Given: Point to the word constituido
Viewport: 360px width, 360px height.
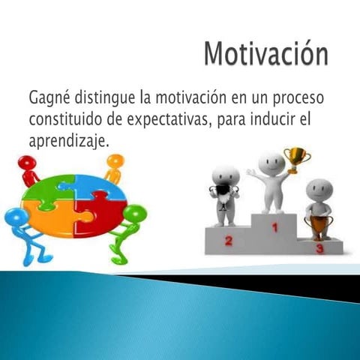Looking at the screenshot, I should pyautogui.click(x=62, y=118).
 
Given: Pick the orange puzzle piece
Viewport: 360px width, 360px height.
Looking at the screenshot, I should pyautogui.click(x=52, y=219).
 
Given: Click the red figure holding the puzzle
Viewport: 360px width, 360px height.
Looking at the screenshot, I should pyautogui.click(x=28, y=169).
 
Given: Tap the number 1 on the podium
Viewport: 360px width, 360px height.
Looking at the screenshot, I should pyautogui.click(x=274, y=226).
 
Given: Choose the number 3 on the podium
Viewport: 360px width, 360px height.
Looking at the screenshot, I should pyautogui.click(x=319, y=247).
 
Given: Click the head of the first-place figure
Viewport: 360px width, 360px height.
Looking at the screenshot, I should pyautogui.click(x=271, y=163).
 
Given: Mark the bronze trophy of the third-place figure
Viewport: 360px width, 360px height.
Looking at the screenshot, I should pyautogui.click(x=320, y=224).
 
